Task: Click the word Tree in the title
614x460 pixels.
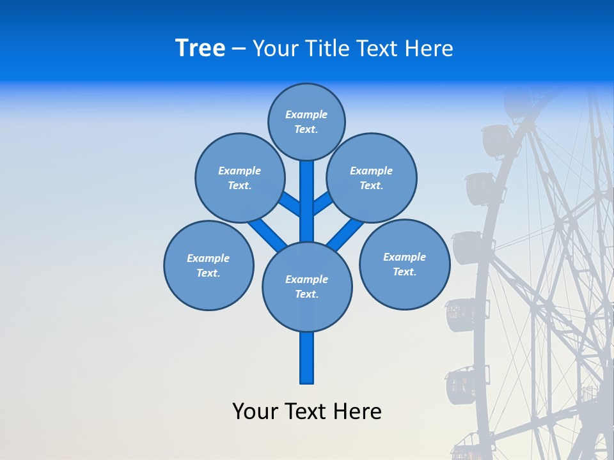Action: tap(200, 48)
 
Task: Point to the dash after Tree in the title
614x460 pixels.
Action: tap(239, 49)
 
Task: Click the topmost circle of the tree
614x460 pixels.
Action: tap(306, 121)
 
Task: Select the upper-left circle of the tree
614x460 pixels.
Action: tap(240, 178)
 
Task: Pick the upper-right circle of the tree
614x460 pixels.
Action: tap(372, 178)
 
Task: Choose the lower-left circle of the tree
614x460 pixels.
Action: tap(209, 265)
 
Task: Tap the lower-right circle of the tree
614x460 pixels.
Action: tap(404, 264)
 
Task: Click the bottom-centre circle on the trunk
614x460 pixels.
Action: tap(307, 286)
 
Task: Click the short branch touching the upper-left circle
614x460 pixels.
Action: tap(290, 204)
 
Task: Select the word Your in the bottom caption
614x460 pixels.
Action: tap(255, 411)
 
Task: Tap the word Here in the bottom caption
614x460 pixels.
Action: tap(359, 411)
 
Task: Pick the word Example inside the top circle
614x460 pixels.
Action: tap(306, 114)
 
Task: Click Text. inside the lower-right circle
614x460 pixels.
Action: tap(404, 272)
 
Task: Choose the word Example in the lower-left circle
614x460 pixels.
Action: tap(209, 258)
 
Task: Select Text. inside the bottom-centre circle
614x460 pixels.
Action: tap(306, 294)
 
